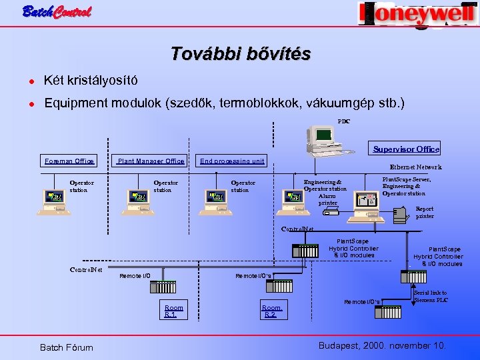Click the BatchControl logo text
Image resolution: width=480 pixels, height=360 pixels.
(x=57, y=11)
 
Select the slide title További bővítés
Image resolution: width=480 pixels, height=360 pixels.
(x=240, y=54)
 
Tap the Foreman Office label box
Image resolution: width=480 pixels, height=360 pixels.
(x=69, y=161)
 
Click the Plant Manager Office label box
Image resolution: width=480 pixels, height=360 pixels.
(x=151, y=161)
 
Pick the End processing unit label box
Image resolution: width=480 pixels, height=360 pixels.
(x=232, y=161)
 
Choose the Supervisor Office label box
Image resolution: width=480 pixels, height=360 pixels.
(x=406, y=149)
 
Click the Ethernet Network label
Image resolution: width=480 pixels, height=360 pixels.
(x=415, y=167)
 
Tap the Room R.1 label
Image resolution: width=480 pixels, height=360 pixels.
(x=174, y=311)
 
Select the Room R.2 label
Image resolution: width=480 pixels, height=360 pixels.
(x=273, y=311)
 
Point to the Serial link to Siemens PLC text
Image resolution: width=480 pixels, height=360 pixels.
(x=431, y=297)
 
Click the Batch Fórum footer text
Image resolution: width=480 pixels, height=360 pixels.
(x=67, y=347)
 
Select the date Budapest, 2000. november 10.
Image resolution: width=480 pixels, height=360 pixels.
(x=382, y=345)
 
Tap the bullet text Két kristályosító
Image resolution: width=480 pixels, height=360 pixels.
(x=91, y=81)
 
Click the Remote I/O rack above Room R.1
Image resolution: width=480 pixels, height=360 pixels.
(x=163, y=287)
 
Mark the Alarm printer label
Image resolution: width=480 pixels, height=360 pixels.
(x=327, y=199)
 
